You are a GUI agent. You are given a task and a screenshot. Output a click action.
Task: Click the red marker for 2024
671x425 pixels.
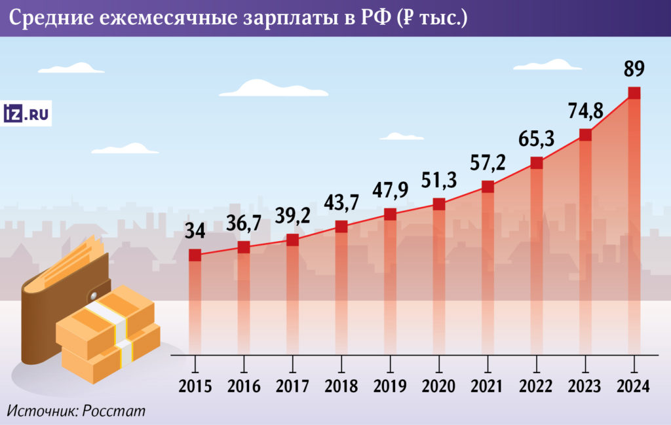click(x=634, y=93)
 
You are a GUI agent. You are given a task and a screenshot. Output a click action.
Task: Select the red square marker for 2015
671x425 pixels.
click(x=195, y=255)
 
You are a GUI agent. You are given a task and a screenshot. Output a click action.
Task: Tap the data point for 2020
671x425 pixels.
click(x=439, y=204)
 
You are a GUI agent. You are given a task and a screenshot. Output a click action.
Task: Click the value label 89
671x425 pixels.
click(x=634, y=69)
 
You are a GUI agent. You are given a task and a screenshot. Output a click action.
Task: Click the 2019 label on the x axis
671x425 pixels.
click(x=390, y=386)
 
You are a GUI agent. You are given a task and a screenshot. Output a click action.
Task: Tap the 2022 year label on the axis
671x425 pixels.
click(x=536, y=386)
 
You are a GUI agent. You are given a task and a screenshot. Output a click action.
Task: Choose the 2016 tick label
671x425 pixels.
click(x=244, y=386)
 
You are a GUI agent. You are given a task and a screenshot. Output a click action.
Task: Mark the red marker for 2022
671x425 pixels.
click(x=537, y=163)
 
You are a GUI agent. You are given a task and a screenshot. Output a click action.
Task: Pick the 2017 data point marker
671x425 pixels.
click(x=292, y=240)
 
